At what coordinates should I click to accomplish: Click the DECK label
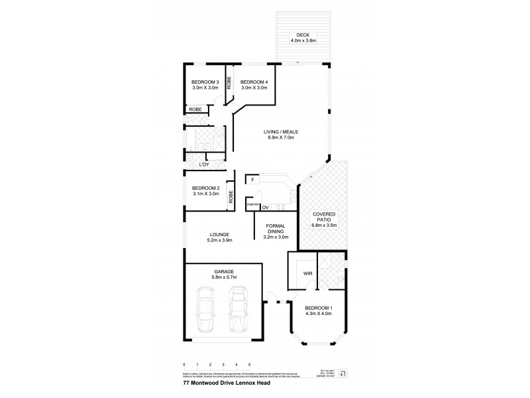coord(303,34)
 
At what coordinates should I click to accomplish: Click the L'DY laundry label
coord(204,164)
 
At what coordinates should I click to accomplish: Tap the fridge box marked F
coord(253,179)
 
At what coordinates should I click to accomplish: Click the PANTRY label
coord(252,205)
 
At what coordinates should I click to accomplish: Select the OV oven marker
coord(264,208)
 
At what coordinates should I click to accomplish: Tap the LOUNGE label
coord(219,234)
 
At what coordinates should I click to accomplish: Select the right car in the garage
coord(237,310)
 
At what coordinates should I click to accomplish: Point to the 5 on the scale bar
coord(249,365)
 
